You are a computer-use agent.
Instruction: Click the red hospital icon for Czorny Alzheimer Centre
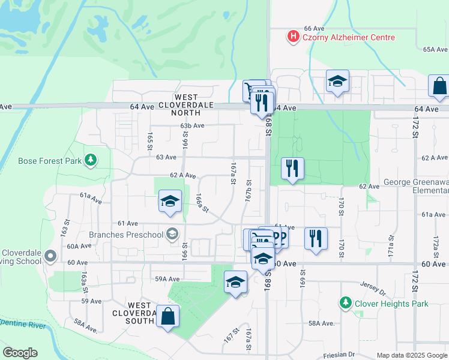point(293,37)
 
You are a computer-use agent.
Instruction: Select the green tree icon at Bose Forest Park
point(90,160)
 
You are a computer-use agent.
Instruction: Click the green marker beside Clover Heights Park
point(345,304)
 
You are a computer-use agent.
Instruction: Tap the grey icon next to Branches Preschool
point(172,234)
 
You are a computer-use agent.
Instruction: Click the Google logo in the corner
point(20,353)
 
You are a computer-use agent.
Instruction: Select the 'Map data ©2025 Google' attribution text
point(411,355)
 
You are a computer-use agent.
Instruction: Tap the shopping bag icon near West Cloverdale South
point(167,317)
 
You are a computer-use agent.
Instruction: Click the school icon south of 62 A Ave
point(170,202)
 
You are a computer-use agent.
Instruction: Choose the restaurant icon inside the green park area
point(292,169)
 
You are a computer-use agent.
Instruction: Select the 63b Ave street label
point(193,126)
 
